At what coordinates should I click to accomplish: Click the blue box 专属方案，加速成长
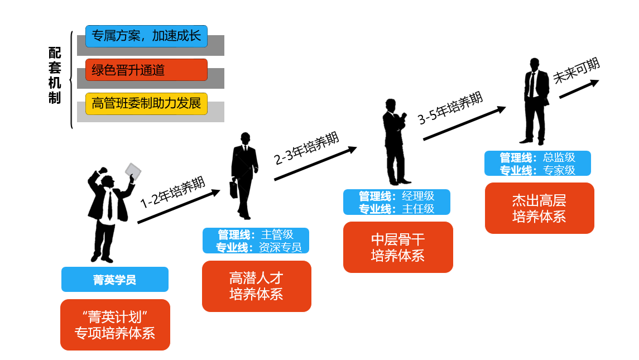pyautogui.click(x=146, y=36)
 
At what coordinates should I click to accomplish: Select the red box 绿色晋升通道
pyautogui.click(x=146, y=70)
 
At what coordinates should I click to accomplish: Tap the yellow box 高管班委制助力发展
pyautogui.click(x=146, y=104)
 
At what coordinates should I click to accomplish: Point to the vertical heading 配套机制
pyautogui.click(x=54, y=75)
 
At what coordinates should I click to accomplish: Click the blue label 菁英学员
pyautogui.click(x=114, y=280)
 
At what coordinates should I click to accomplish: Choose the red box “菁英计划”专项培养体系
pyautogui.click(x=115, y=325)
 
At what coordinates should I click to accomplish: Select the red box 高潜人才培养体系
pyautogui.click(x=256, y=286)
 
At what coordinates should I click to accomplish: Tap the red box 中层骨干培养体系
pyautogui.click(x=398, y=247)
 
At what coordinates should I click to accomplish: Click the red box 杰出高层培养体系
pyautogui.click(x=539, y=208)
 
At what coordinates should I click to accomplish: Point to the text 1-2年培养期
pyautogui.click(x=172, y=192)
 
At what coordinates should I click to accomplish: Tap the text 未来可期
pyautogui.click(x=576, y=71)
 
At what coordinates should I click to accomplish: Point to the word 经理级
pyautogui.click(x=417, y=196)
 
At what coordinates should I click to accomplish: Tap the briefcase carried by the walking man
pyautogui.click(x=234, y=190)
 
